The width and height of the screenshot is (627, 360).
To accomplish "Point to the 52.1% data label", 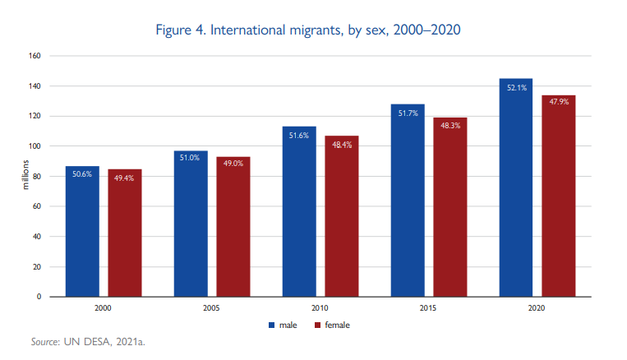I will click(x=516, y=87).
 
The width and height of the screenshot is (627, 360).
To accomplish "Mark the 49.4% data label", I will click(x=125, y=178).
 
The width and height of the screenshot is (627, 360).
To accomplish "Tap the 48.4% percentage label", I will click(x=341, y=145).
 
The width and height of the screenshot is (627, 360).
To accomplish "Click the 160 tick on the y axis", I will click(x=34, y=56).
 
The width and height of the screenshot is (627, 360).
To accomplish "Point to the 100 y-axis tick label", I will click(x=34, y=146).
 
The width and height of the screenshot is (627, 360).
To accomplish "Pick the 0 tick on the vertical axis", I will click(x=38, y=297).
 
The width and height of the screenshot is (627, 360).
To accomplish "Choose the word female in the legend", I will click(x=338, y=325).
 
